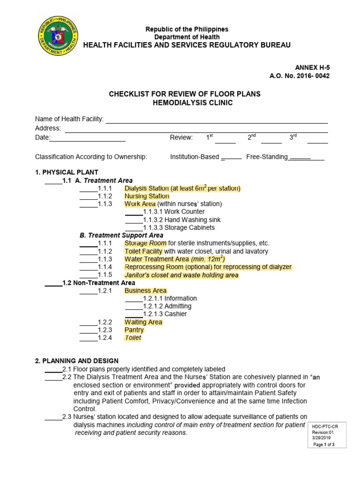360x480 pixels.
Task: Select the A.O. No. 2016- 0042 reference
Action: coord(299,76)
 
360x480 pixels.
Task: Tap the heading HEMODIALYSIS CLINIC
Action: coord(185,103)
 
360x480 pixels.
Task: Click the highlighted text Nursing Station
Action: coord(147,196)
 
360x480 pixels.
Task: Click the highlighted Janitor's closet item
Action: coord(181,275)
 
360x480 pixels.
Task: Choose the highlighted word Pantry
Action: coord(134,330)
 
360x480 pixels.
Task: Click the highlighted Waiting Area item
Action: coord(143,322)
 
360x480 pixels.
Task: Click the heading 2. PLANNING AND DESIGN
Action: coord(77,361)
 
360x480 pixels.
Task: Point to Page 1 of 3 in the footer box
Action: coord(323,444)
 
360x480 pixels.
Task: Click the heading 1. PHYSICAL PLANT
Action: coord(67,172)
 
